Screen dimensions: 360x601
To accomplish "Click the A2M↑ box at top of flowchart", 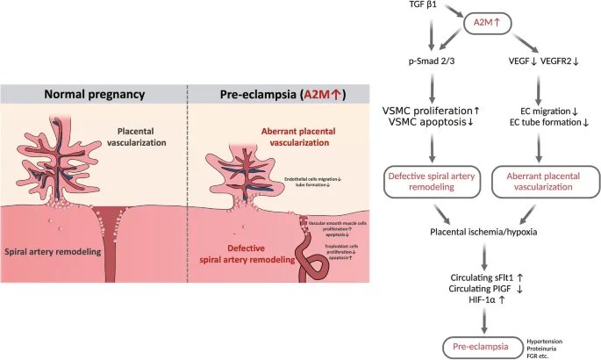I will [x=481, y=27].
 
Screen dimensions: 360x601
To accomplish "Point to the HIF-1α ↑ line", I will [x=484, y=300].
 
